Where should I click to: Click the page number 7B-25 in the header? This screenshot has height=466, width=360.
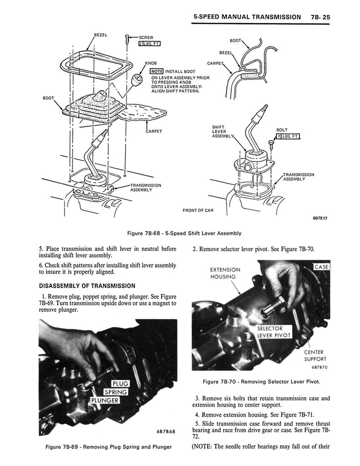click(320, 17)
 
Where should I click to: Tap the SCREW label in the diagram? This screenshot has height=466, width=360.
click(146, 37)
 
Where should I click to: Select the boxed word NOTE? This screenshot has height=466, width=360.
click(157, 71)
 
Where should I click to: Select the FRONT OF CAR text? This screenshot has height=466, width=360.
click(198, 210)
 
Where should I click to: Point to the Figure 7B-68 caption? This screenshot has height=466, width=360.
click(184, 233)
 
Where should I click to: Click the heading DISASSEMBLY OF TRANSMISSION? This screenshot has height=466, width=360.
click(87, 286)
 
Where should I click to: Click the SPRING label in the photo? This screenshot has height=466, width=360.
click(116, 392)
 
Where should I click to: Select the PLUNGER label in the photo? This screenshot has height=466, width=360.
click(105, 400)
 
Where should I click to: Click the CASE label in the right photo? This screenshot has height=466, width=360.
click(321, 267)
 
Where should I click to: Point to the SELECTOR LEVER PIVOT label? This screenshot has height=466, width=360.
click(274, 332)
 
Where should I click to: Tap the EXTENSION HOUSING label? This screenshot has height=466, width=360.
click(225, 274)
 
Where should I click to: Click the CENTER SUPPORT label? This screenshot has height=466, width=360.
click(315, 355)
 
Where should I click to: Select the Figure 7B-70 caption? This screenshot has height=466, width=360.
click(261, 382)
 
